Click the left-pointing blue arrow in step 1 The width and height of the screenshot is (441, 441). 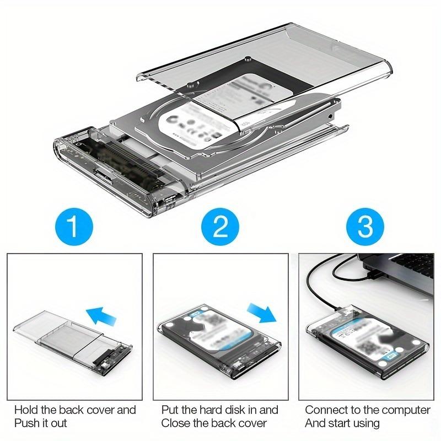pos(102,316)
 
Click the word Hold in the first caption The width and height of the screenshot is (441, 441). pos(26,410)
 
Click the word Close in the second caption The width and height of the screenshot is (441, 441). pos(175,423)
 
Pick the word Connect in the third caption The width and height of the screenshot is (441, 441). pos(325,410)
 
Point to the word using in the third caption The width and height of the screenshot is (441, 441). pos(367,423)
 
